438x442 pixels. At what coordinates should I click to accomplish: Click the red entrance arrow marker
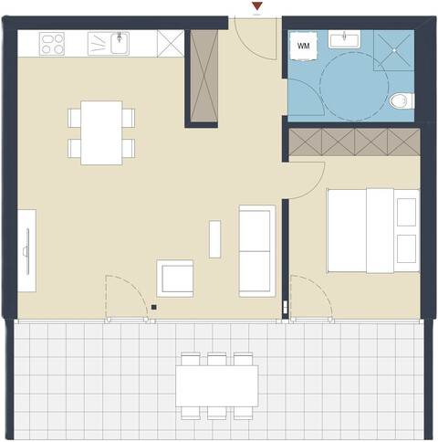(258, 7)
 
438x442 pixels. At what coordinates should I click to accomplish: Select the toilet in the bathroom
(400, 100)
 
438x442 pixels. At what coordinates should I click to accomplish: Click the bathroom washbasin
(346, 39)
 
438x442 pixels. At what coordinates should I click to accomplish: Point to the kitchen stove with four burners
(53, 42)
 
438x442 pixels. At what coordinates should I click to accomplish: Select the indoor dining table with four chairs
(101, 132)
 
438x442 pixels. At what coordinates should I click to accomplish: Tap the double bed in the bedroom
(372, 230)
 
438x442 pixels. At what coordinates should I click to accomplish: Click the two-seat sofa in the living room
(256, 249)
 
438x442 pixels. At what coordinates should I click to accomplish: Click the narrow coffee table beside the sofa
(214, 238)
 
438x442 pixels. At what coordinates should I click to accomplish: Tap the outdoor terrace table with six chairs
(216, 384)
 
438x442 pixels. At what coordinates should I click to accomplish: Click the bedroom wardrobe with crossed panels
(354, 142)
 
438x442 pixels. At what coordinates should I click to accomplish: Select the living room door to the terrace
(127, 301)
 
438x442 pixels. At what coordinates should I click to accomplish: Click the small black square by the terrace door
(155, 308)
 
